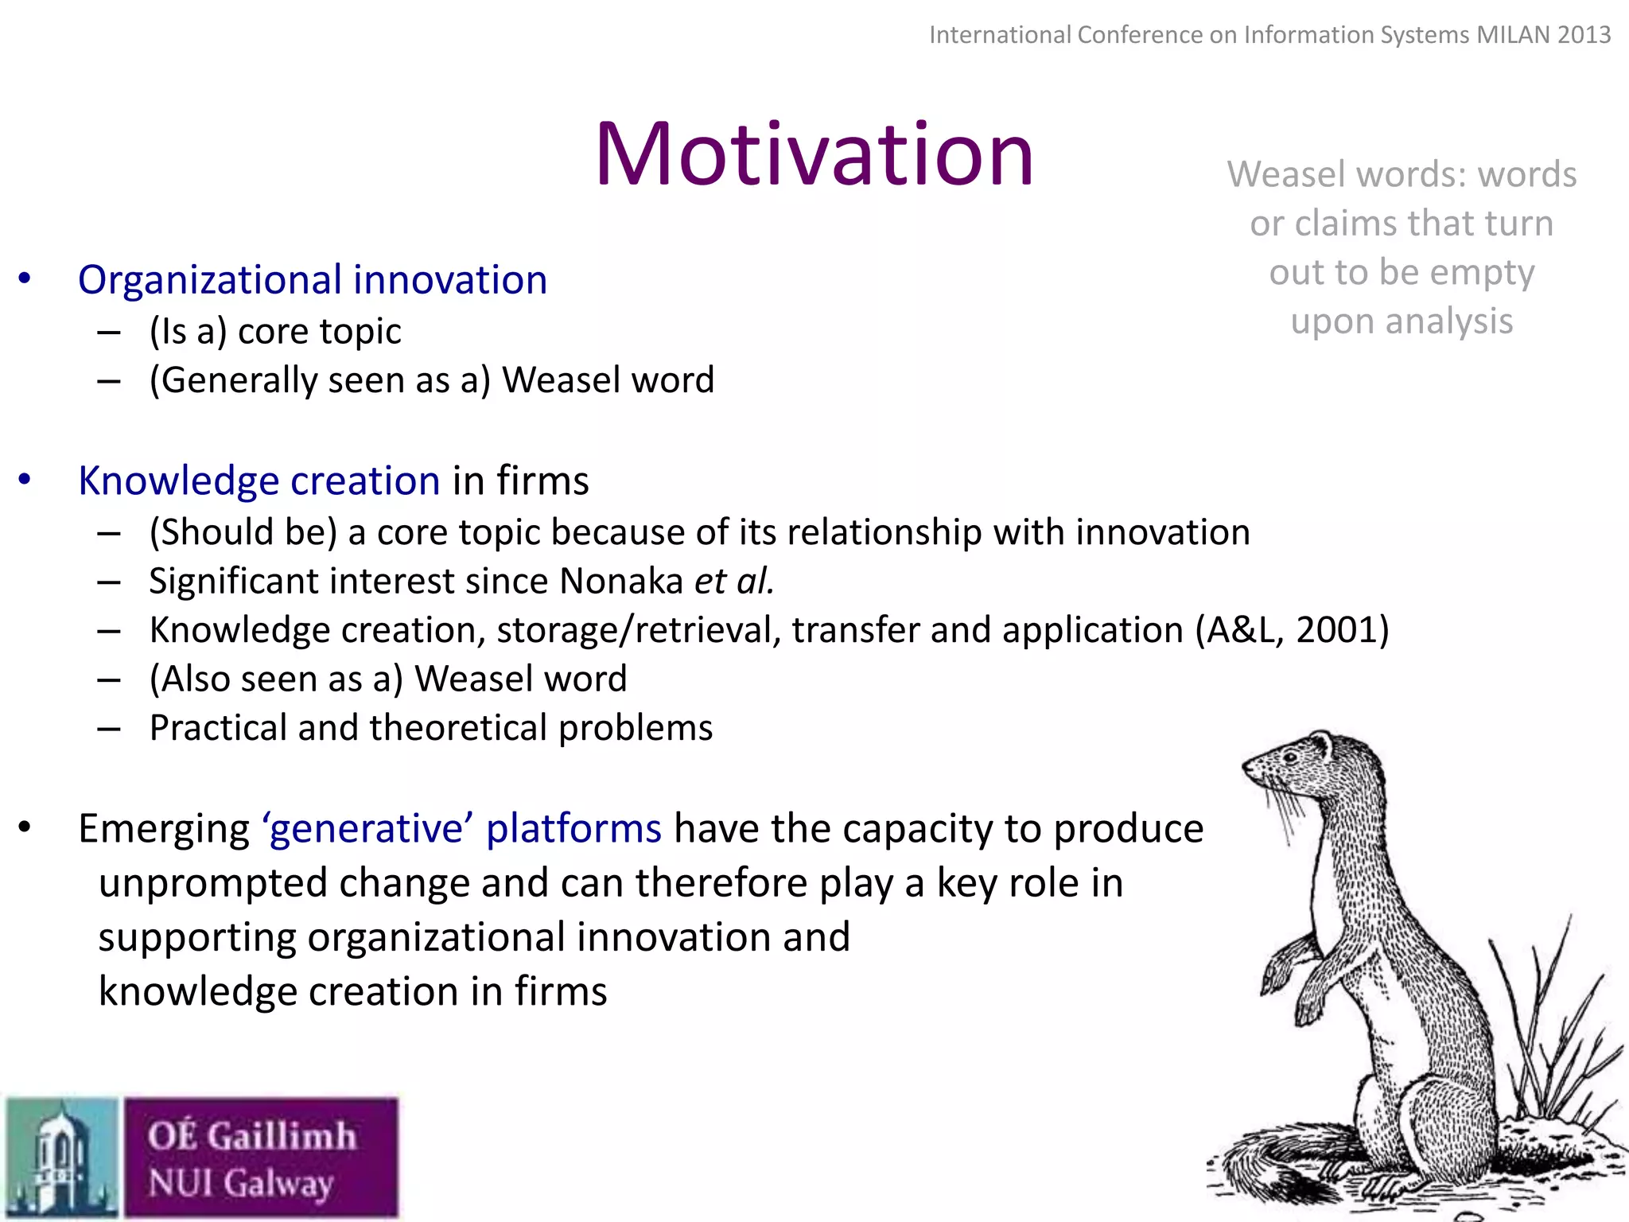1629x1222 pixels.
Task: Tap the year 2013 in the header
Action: pos(1584,35)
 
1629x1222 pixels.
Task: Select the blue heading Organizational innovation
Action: pos(313,280)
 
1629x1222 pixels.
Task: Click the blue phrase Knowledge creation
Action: pos(259,481)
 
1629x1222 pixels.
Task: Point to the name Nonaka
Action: pos(621,581)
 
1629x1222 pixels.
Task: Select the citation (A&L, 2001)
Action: pos(1292,630)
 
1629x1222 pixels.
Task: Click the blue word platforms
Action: pos(573,829)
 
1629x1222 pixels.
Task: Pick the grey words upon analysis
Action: pos(1402,321)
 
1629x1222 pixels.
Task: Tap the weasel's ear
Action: pos(1321,745)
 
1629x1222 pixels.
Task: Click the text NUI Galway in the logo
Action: pos(240,1183)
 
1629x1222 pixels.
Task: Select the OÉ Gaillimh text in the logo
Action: pos(251,1135)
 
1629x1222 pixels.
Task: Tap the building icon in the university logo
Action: pos(60,1158)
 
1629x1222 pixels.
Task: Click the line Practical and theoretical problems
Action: pos(430,728)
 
